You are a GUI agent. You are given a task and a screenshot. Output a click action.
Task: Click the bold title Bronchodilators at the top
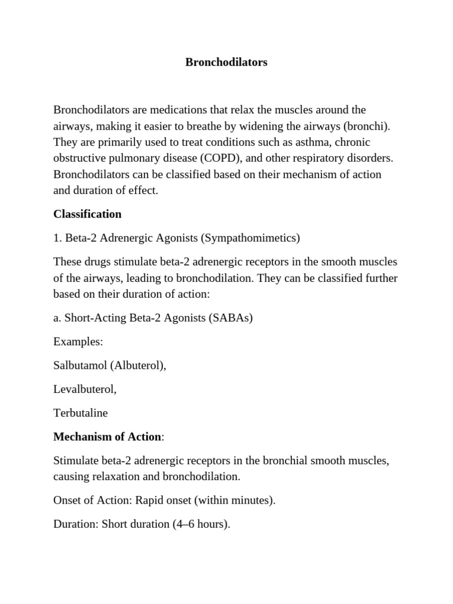pos(226,63)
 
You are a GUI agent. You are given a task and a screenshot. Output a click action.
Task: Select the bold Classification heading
pos(87,214)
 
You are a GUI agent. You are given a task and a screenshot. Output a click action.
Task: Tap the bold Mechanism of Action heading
pos(107,437)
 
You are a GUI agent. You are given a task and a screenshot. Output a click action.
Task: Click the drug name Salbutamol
pos(80,366)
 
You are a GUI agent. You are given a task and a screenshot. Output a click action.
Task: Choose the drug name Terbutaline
pos(81,413)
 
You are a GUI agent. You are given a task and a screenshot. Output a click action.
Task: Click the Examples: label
pos(78,342)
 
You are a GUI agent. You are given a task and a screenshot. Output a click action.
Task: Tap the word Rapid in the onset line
pos(149,501)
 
